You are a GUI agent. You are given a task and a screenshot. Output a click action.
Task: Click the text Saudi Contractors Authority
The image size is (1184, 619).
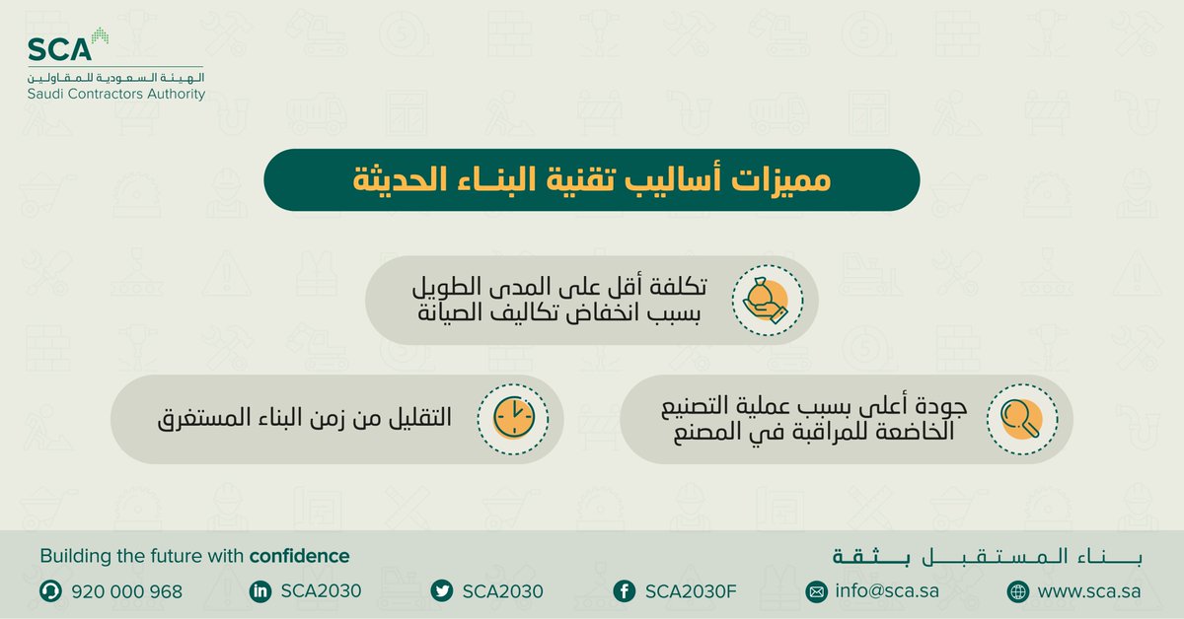point(116,94)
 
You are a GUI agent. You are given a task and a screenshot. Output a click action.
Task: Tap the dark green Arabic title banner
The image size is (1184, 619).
point(591,179)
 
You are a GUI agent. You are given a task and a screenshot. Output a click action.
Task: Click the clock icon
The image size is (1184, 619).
point(514,418)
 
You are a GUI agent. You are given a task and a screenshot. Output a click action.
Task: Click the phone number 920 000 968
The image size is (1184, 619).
point(126,591)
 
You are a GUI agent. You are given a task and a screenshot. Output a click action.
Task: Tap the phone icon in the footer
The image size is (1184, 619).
point(49,591)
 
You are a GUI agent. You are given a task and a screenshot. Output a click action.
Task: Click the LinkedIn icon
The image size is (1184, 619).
point(260,591)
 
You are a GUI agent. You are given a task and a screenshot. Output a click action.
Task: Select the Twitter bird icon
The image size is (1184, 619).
point(442,591)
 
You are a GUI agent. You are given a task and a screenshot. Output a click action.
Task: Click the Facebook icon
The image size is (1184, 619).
point(624,591)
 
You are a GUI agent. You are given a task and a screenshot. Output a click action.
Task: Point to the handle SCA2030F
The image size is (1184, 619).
point(692,591)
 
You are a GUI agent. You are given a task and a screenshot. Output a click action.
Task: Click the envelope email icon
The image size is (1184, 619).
point(817,591)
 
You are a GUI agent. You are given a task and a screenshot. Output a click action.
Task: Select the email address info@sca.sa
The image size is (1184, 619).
point(886,591)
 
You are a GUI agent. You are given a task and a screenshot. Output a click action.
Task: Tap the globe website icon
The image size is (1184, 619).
point(1017,591)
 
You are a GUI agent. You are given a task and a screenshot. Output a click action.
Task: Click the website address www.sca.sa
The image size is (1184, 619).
point(1089,591)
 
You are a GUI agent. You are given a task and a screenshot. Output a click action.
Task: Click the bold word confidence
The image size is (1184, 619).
point(299,556)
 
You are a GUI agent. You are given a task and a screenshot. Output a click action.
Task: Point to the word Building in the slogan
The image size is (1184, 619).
point(75,556)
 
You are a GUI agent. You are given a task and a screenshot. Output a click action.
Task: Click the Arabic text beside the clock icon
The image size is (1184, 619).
point(305,418)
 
